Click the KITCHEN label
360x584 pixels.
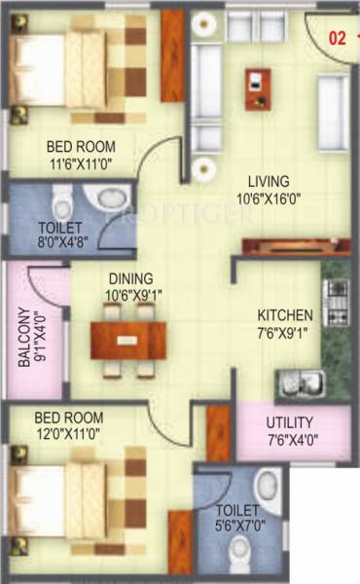(284, 315)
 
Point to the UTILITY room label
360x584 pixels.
(290, 422)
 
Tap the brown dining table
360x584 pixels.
(128, 340)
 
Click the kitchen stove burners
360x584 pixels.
(336, 301)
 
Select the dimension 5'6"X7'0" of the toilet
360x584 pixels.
(237, 527)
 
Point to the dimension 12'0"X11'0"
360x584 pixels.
(67, 435)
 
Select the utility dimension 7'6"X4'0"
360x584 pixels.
(290, 440)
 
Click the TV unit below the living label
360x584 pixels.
(282, 246)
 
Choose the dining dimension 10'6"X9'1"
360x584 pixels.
(128, 293)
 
